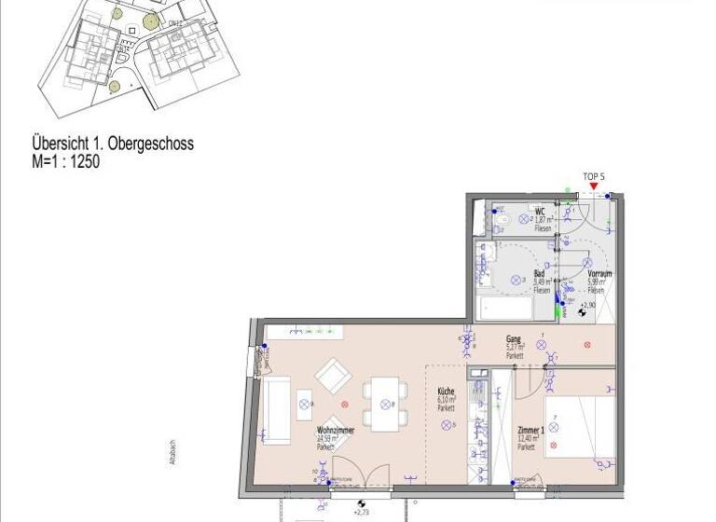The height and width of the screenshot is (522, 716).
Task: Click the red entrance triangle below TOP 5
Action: (x=593, y=187)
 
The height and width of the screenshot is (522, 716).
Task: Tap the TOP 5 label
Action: (x=594, y=175)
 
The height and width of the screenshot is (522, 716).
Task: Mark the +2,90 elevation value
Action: (x=587, y=305)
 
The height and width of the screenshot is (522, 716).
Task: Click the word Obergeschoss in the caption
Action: (x=150, y=144)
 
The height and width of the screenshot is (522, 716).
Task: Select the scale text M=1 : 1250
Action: (x=65, y=161)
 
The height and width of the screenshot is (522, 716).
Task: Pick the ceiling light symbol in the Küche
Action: (x=446, y=425)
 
